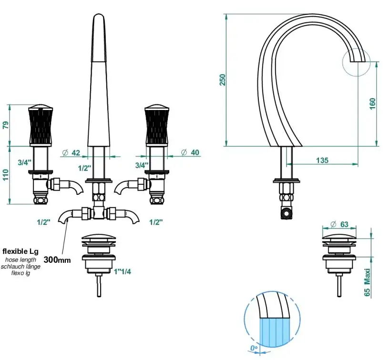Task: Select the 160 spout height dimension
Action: [x=372, y=103]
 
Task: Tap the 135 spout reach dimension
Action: [x=322, y=160]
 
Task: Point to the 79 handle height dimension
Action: [x=6, y=125]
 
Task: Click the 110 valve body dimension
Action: [x=6, y=175]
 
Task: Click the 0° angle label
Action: [x=254, y=349]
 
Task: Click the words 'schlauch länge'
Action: [x=21, y=267]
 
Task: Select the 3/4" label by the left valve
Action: [x=25, y=163]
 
